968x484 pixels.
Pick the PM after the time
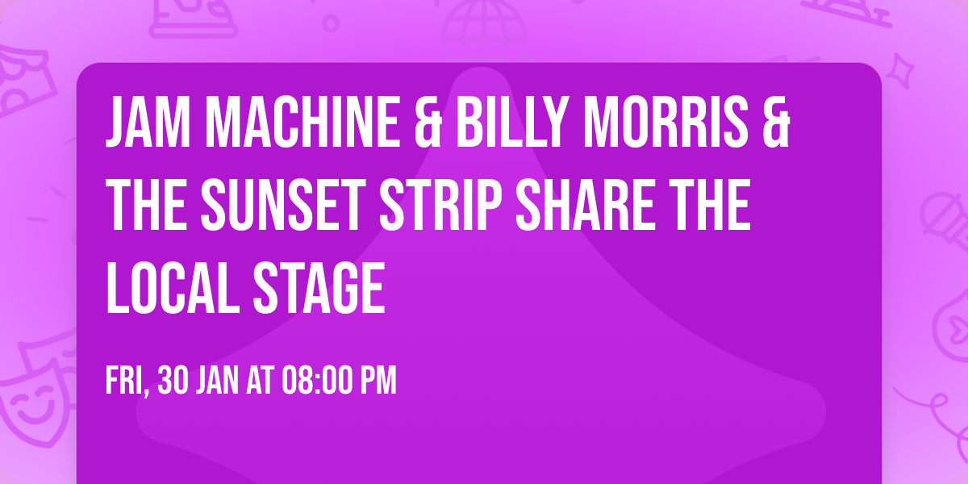point(378,382)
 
